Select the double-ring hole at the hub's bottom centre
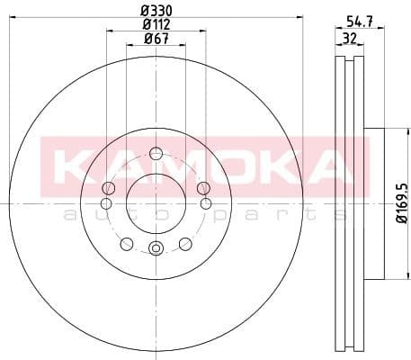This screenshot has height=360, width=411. [156, 250]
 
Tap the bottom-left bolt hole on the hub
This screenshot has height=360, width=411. [126, 243]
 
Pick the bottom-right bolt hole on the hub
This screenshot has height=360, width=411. [185, 243]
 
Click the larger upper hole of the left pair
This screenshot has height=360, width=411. [109, 188]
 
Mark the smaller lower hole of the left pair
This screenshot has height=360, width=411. [106, 204]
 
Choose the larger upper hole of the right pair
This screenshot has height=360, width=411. [202, 188]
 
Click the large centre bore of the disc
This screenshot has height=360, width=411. [156, 202]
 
